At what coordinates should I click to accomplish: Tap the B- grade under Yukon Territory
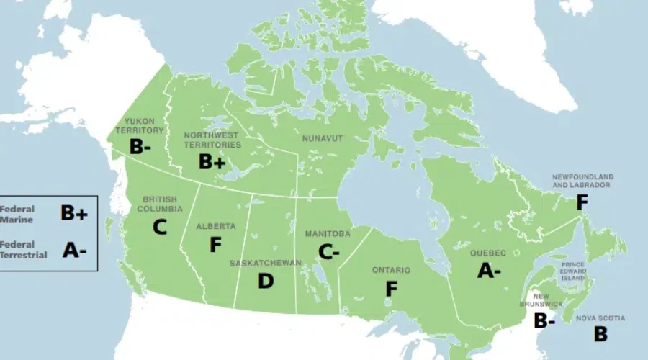141,146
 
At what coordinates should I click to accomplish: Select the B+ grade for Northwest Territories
212,163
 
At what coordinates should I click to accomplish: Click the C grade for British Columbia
159,228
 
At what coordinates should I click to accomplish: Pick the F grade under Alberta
215,245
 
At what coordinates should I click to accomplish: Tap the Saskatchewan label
266,263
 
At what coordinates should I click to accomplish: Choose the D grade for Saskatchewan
266,281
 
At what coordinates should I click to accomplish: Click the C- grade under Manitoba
328,252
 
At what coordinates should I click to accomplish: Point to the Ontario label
391,270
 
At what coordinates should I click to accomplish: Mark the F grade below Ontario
391,289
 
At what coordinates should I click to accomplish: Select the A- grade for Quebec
489,271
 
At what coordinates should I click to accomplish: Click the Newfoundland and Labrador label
582,181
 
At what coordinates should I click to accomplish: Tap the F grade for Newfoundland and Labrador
582,203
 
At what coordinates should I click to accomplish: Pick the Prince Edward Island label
573,271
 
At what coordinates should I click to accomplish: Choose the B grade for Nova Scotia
600,333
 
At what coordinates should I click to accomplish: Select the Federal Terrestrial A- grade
74,250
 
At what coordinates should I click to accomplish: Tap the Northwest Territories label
212,140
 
